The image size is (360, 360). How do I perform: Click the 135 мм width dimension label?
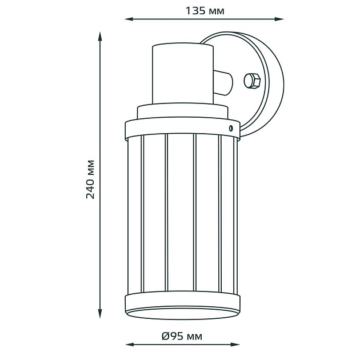[205, 11]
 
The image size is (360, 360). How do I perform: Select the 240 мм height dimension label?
[90, 179]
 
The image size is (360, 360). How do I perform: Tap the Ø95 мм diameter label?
[182, 336]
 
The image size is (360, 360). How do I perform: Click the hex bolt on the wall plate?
[251, 81]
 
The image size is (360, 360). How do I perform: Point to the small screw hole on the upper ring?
[231, 128]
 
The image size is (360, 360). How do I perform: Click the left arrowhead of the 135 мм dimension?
[129, 19]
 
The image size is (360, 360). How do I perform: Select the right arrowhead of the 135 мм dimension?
[279, 19]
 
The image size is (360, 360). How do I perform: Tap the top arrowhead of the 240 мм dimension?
[100, 37]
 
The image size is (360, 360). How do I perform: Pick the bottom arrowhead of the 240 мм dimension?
[100, 313]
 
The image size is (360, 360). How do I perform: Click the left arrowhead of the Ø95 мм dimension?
[130, 345]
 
